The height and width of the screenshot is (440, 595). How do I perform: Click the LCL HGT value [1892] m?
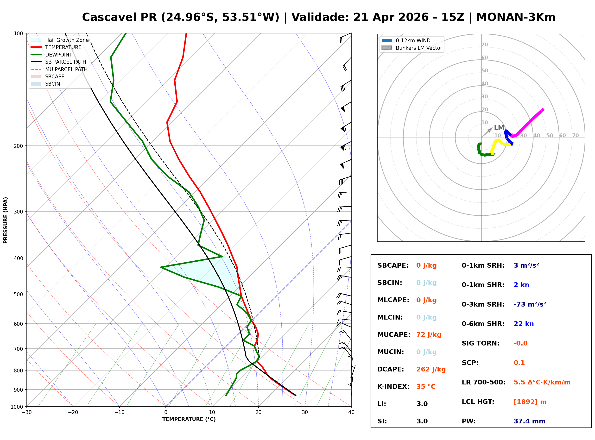coord(530,402)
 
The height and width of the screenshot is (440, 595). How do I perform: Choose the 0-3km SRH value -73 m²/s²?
coord(530,304)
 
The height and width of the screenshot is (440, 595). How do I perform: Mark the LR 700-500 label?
coord(483,383)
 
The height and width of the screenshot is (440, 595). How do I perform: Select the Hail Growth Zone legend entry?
coord(67,40)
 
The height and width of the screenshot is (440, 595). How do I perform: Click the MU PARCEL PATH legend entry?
coord(66,69)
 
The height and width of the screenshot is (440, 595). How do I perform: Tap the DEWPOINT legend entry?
coord(59,55)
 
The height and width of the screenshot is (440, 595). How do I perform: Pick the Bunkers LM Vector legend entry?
coord(419,48)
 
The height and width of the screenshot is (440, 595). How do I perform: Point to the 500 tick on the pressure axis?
coord(18,294)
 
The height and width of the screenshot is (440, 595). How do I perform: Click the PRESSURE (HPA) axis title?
coord(6,220)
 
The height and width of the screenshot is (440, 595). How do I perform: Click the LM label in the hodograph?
coord(499,128)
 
